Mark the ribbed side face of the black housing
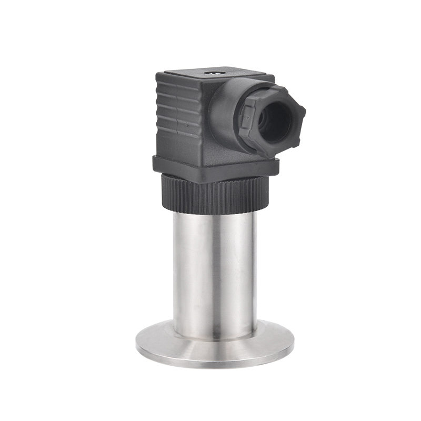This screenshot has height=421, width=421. tap(178, 118)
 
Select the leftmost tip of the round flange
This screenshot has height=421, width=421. tap(136, 345)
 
